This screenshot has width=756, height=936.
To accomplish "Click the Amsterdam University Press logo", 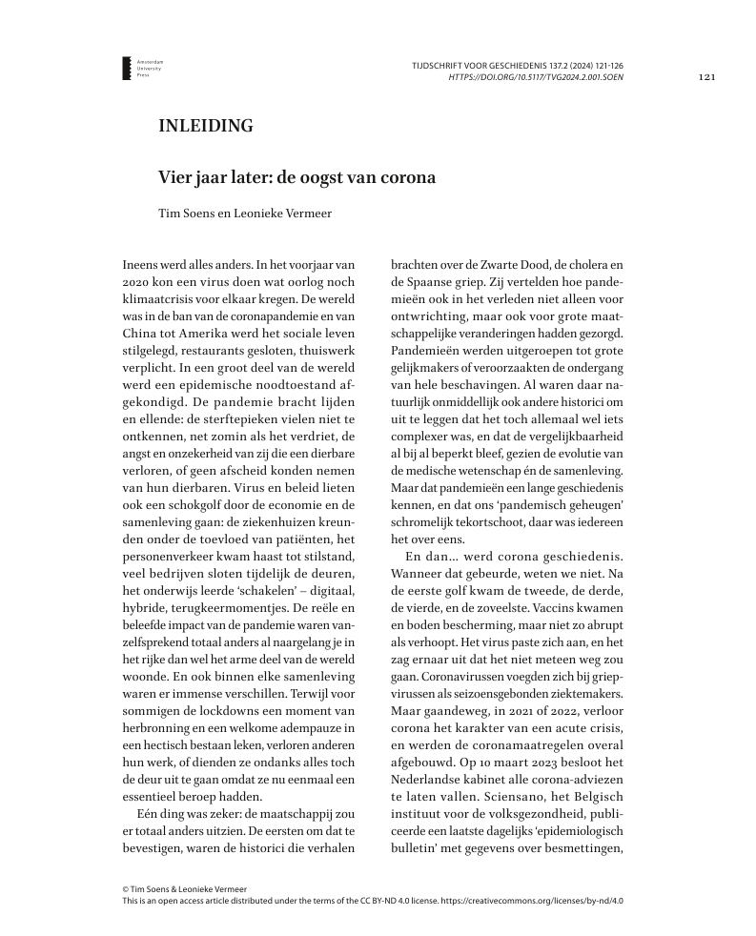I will point(129,68).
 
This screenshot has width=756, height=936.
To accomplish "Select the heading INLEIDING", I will point(205,126).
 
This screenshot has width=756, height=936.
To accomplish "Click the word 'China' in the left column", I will point(143,336).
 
